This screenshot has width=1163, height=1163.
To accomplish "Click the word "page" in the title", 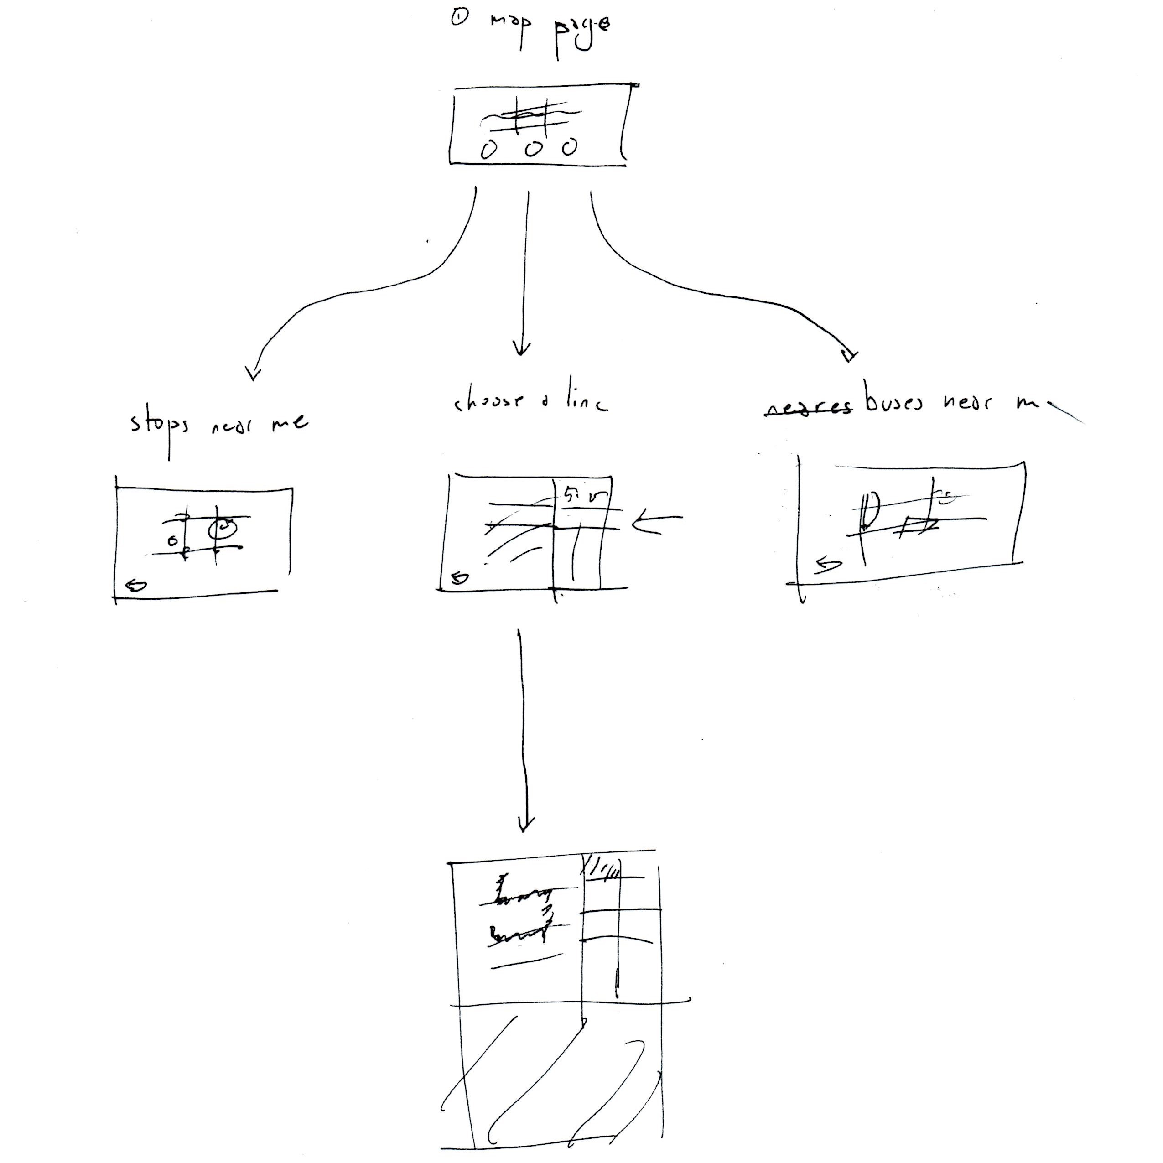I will [581, 30].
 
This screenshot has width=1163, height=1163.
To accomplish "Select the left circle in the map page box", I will [488, 149].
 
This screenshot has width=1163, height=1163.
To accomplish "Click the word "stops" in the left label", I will [160, 426].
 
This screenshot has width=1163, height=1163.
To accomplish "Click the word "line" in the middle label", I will [587, 402].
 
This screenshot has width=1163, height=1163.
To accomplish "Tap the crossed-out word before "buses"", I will [808, 409].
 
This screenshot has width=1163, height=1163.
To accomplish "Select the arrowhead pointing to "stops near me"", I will [254, 373].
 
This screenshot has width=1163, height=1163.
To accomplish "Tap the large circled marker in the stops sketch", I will [223, 529].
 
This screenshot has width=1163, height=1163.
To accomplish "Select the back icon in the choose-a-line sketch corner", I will [460, 578].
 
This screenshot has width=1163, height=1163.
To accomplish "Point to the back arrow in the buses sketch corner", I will [828, 565].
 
